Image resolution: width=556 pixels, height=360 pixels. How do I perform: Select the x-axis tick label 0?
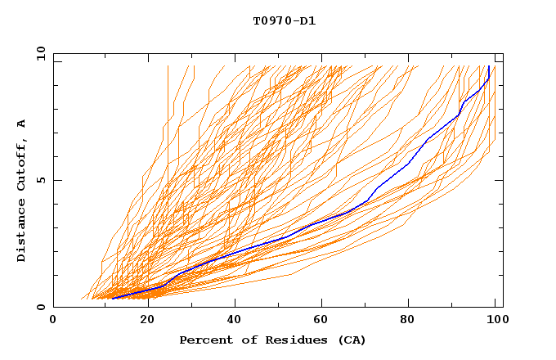click(x=53, y=320)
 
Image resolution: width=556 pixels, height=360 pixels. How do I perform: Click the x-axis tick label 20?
click(x=141, y=320)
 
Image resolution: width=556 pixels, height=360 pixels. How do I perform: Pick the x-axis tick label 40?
click(x=231, y=320)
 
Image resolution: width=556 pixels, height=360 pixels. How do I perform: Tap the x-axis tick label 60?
click(x=319, y=320)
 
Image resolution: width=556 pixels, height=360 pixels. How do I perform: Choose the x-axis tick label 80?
click(x=407, y=320)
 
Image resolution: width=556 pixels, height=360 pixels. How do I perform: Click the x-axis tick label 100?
click(x=495, y=320)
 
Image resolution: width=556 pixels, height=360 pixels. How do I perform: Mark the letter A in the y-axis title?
click(x=22, y=124)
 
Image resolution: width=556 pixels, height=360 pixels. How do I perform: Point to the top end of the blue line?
click(x=488, y=65)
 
